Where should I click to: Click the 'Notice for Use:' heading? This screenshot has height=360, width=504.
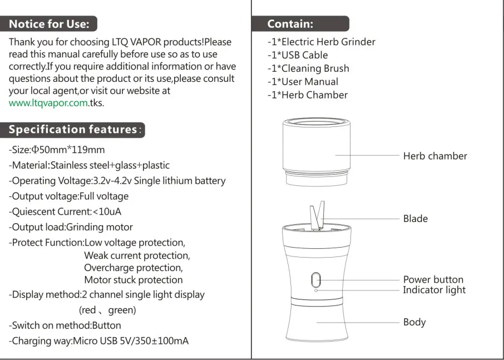coord(49,24)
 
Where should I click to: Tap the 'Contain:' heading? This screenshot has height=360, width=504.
coord(290,24)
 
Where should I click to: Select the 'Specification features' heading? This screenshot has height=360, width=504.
coord(73,130)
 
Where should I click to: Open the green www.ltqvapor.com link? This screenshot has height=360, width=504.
coord(48,103)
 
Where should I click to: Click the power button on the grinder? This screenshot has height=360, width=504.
coord(316,279)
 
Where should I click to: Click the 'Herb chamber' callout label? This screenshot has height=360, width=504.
coord(434,156)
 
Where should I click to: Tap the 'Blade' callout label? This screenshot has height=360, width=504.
coord(415,219)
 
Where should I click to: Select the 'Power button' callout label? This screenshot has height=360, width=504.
coord(433,279)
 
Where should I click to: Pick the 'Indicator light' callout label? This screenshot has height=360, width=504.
coord(434,290)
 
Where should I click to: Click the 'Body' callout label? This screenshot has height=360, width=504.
coord(414,322)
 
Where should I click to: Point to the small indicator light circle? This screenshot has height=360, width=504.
coord(316,290)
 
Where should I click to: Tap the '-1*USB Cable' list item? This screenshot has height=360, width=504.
coord(298,55)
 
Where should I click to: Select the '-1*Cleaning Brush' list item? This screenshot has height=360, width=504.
coord(308,68)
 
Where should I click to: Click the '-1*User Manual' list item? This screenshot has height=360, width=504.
coord(303,82)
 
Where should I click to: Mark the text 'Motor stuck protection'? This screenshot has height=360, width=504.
coord(133,280)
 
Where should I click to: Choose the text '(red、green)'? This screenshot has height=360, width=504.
coord(107,310)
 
